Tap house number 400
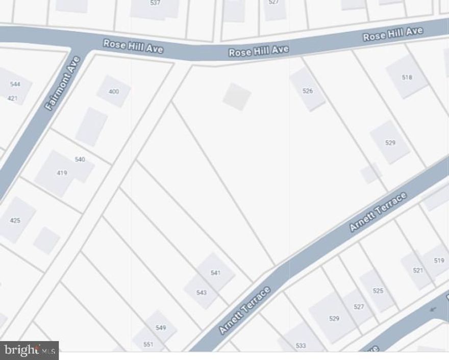tap(114, 92)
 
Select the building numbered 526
tap(307, 91)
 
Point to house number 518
tap(407, 78)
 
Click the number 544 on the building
tap(15, 84)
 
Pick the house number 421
tap(12, 98)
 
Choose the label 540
tap(80, 160)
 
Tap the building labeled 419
tap(62, 173)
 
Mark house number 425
tap(15, 221)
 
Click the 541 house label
tap(215, 273)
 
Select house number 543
tap(202, 292)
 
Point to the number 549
tap(161, 328)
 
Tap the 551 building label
tap(148, 344)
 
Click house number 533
tap(301, 346)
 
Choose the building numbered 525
tap(378, 291)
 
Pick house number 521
tap(418, 270)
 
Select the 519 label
tap(439, 261)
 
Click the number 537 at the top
tap(155, 3)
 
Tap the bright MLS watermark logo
tap(29, 350)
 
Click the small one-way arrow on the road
tap(434, 308)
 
